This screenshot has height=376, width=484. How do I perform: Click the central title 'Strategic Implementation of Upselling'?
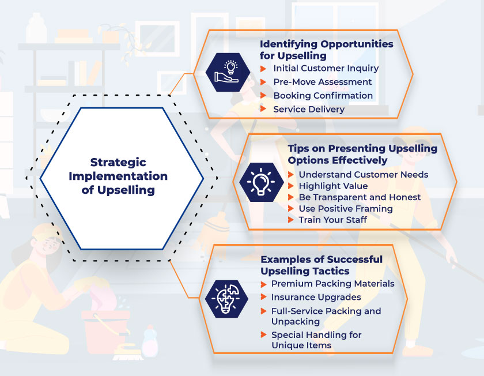click(x=118, y=176)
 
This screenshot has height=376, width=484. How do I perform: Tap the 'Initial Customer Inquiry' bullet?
click(x=326, y=68)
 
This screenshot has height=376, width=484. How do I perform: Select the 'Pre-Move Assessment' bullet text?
click(x=322, y=82)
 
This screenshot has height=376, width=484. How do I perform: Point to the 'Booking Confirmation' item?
click(x=323, y=96)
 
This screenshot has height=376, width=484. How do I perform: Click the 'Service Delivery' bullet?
click(x=308, y=109)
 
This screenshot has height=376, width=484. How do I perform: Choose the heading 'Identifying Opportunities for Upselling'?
click(x=326, y=50)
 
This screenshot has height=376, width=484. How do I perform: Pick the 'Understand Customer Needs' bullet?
click(x=363, y=174)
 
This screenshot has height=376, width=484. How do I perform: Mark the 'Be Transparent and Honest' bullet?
click(x=359, y=197)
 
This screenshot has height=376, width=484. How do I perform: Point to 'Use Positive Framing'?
click(x=345, y=209)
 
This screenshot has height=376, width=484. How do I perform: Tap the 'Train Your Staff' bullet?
click(x=332, y=220)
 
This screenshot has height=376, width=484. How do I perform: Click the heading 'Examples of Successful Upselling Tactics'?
click(x=321, y=265)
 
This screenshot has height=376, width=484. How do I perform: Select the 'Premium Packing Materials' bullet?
click(x=332, y=284)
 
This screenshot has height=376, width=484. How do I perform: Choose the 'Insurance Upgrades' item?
click(x=316, y=298)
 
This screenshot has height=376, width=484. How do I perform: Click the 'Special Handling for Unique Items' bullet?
click(x=316, y=340)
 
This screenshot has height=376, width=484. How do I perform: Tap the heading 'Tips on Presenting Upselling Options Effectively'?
click(x=362, y=154)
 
